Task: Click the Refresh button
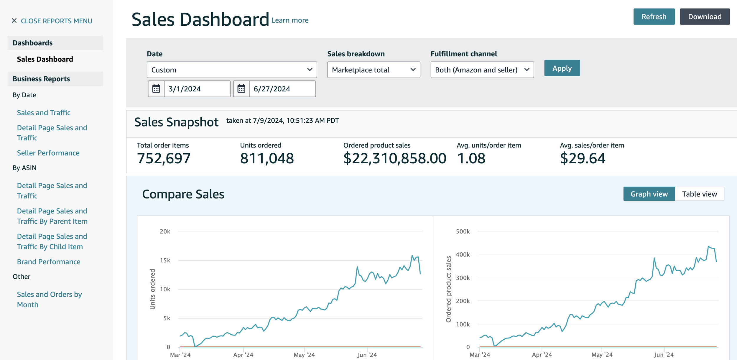[x=654, y=17]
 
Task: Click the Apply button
[x=562, y=68]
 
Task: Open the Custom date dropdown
[x=232, y=70]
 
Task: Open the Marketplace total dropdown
[x=373, y=70]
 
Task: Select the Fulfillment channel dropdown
[x=482, y=70]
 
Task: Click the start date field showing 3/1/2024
[x=197, y=89]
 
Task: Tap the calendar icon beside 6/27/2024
[x=241, y=89]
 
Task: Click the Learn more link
[x=290, y=20]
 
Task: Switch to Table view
[x=699, y=194]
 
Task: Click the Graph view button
[x=649, y=194]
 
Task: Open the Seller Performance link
[x=48, y=153]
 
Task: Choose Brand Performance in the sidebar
[x=49, y=262]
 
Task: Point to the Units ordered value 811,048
[x=267, y=158]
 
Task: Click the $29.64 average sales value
[x=583, y=158]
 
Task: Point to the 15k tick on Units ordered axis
[x=165, y=260]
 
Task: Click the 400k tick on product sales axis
[x=463, y=254]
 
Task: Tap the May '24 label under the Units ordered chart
[x=304, y=355]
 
